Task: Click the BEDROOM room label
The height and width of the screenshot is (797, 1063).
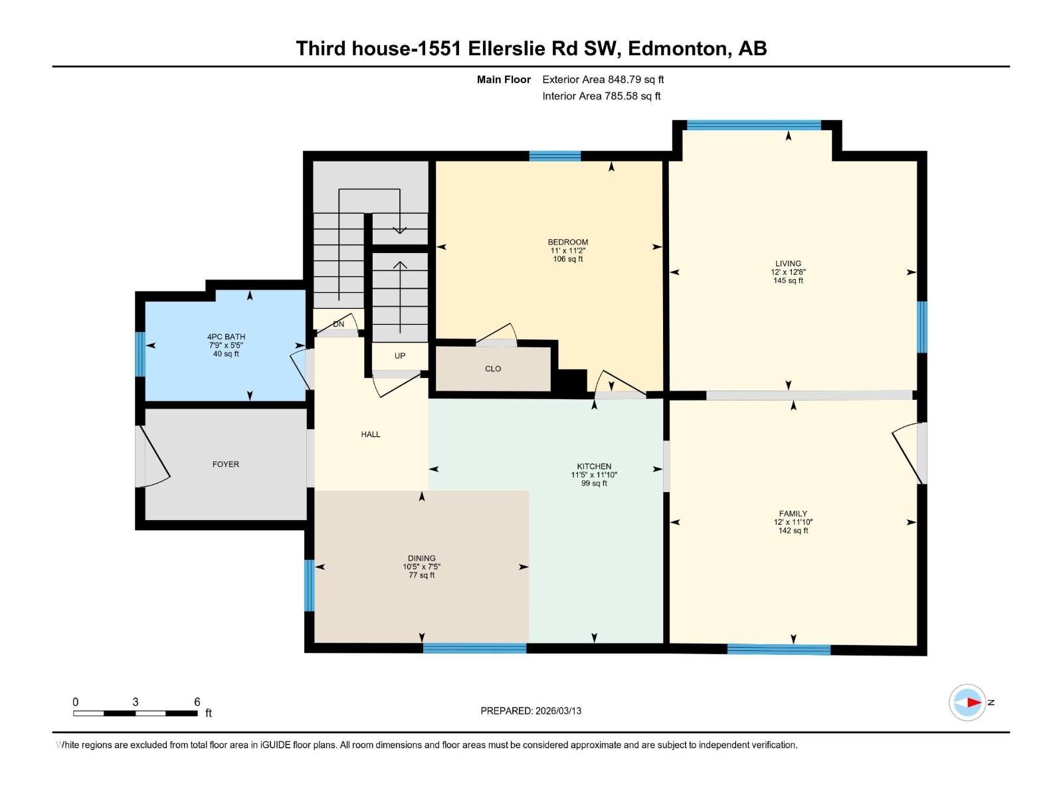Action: (567, 242)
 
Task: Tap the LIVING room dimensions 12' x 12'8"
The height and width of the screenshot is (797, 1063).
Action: (788, 272)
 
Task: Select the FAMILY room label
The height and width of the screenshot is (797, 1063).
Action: (793, 513)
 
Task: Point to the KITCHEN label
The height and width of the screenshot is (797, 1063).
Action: (594, 466)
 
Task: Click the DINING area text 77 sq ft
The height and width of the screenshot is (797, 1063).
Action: (421, 575)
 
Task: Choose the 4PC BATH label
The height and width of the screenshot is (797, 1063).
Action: (226, 337)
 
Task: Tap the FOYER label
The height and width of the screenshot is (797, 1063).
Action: (225, 464)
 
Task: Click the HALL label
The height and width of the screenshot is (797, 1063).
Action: (370, 434)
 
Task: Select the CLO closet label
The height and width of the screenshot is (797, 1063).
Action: (492, 369)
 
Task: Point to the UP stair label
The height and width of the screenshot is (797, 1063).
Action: (399, 356)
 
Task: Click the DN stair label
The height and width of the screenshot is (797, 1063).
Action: (339, 324)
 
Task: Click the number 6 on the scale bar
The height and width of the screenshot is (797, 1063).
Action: (197, 702)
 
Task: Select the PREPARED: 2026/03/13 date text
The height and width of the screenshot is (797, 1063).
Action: (531, 711)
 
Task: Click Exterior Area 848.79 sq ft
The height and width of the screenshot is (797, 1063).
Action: (603, 79)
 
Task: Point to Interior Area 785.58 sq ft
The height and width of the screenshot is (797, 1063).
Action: (601, 96)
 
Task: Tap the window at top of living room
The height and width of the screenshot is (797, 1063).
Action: (753, 124)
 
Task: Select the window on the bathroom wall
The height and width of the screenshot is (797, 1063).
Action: (140, 353)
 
